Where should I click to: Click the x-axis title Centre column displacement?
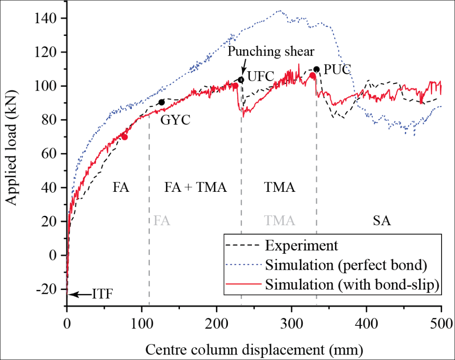(x=254, y=349)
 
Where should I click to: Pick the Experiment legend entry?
(x=302, y=245)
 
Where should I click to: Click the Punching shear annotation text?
(x=271, y=51)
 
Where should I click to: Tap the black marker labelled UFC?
(x=241, y=80)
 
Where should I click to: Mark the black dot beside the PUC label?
(x=316, y=69)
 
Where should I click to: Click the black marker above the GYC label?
(x=161, y=102)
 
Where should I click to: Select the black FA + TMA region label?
(x=195, y=188)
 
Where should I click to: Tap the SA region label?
(x=382, y=221)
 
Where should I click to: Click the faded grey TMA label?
(x=279, y=221)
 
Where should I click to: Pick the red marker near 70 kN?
(x=125, y=137)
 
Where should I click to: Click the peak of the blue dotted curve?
(x=279, y=11)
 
